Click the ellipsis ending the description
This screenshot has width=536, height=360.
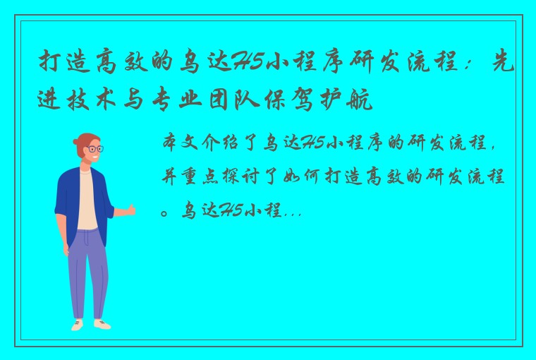tap(293, 211)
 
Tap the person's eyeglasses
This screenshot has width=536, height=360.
tap(95, 149)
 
